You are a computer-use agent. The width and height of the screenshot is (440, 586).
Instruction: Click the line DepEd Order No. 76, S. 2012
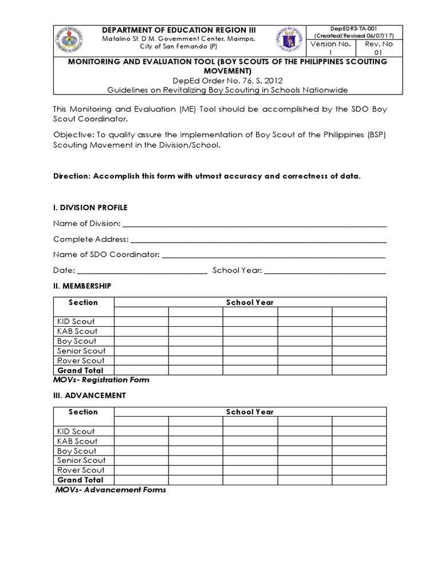point(220,81)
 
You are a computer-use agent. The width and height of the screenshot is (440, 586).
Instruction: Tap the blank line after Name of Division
point(254,223)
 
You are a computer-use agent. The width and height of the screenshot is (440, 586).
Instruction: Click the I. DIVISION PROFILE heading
point(91,207)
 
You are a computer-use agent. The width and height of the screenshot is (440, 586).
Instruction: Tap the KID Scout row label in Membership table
point(76,322)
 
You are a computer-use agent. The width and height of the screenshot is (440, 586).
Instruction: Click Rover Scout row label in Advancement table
point(81,470)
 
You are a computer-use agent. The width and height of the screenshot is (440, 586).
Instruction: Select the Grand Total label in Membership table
point(80,370)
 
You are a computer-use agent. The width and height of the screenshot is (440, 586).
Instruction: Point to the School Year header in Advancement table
point(250,412)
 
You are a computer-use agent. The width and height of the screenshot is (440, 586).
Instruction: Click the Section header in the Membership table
point(83,302)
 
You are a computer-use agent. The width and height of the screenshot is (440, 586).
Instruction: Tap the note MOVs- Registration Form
point(101,379)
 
